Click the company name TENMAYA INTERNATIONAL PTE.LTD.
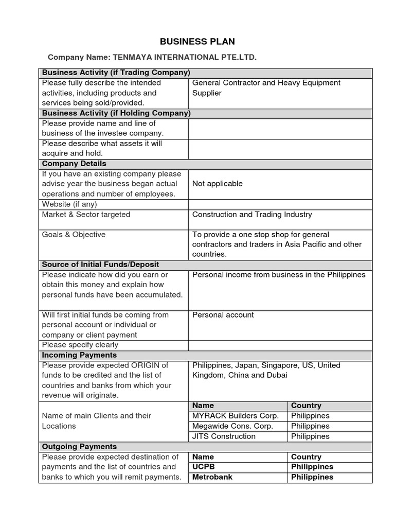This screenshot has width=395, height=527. click(x=183, y=57)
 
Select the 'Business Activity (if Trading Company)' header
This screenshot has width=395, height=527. click(x=116, y=73)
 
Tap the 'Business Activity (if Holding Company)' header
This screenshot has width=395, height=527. click(x=116, y=113)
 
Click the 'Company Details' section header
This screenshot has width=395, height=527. click(x=74, y=164)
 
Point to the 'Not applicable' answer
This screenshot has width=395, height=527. click(x=217, y=184)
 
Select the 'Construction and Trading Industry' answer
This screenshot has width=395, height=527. click(x=252, y=215)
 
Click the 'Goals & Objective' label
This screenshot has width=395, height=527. click(x=74, y=235)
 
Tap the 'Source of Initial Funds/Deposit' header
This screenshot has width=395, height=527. click(x=100, y=265)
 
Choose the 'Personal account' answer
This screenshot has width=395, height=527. click(x=223, y=315)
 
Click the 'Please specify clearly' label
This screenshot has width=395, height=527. click(x=80, y=345)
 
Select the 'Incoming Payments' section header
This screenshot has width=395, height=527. click(x=79, y=355)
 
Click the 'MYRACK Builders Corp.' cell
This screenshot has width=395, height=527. click(x=236, y=416)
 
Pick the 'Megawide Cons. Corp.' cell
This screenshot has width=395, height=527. click(x=232, y=426)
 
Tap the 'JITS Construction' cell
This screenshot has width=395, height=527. click(x=224, y=436)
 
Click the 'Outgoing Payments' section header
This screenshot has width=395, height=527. click(x=79, y=447)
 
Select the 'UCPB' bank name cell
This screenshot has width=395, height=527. click(x=203, y=467)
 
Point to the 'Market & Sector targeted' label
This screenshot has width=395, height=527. click(x=86, y=215)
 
